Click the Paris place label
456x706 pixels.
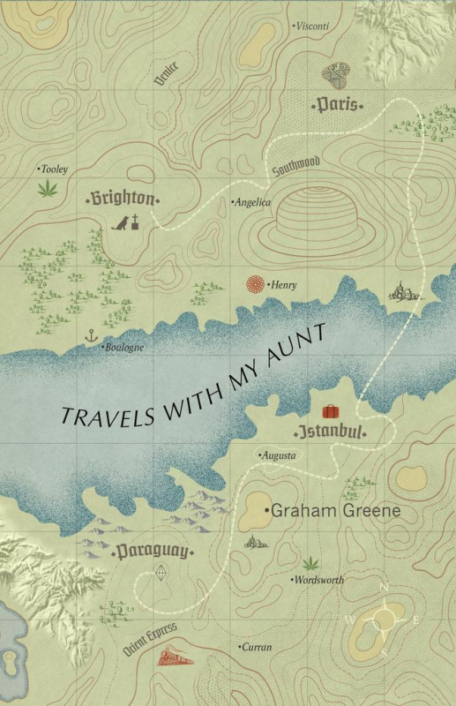coord(338,105)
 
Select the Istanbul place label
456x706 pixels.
coord(329,433)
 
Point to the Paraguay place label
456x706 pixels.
coord(152,553)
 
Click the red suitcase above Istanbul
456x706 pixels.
coord(330,411)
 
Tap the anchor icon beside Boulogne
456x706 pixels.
coord(89,335)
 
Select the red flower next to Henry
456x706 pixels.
coord(256,284)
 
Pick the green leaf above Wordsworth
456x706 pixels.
coord(310,562)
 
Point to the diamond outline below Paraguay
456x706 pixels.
coord(160,575)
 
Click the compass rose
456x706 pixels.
coord(385,620)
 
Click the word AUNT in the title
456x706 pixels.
coord(300,342)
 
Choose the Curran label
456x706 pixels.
coord(257,647)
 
